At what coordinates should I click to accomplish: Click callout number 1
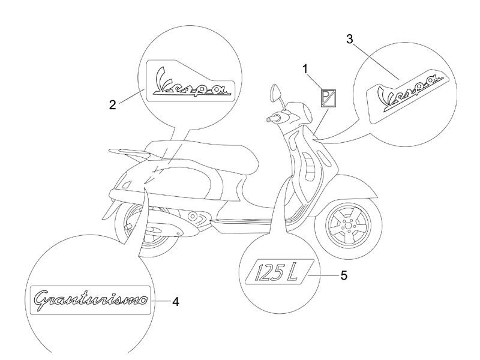[x=305, y=69]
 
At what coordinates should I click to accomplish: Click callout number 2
[x=113, y=105]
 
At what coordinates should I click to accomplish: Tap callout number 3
[x=350, y=39]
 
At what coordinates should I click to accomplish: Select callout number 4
[x=175, y=302]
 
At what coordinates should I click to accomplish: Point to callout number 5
[x=344, y=275]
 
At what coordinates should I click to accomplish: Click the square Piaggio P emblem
[x=328, y=98]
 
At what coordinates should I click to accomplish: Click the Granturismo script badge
[x=91, y=300]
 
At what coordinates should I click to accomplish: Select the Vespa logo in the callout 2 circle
[x=190, y=81]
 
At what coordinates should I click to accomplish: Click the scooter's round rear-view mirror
[x=275, y=92]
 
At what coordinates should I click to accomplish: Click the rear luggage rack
[x=127, y=151]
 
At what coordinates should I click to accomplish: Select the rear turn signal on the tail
[x=127, y=185]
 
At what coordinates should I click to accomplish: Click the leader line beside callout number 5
[x=324, y=275]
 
